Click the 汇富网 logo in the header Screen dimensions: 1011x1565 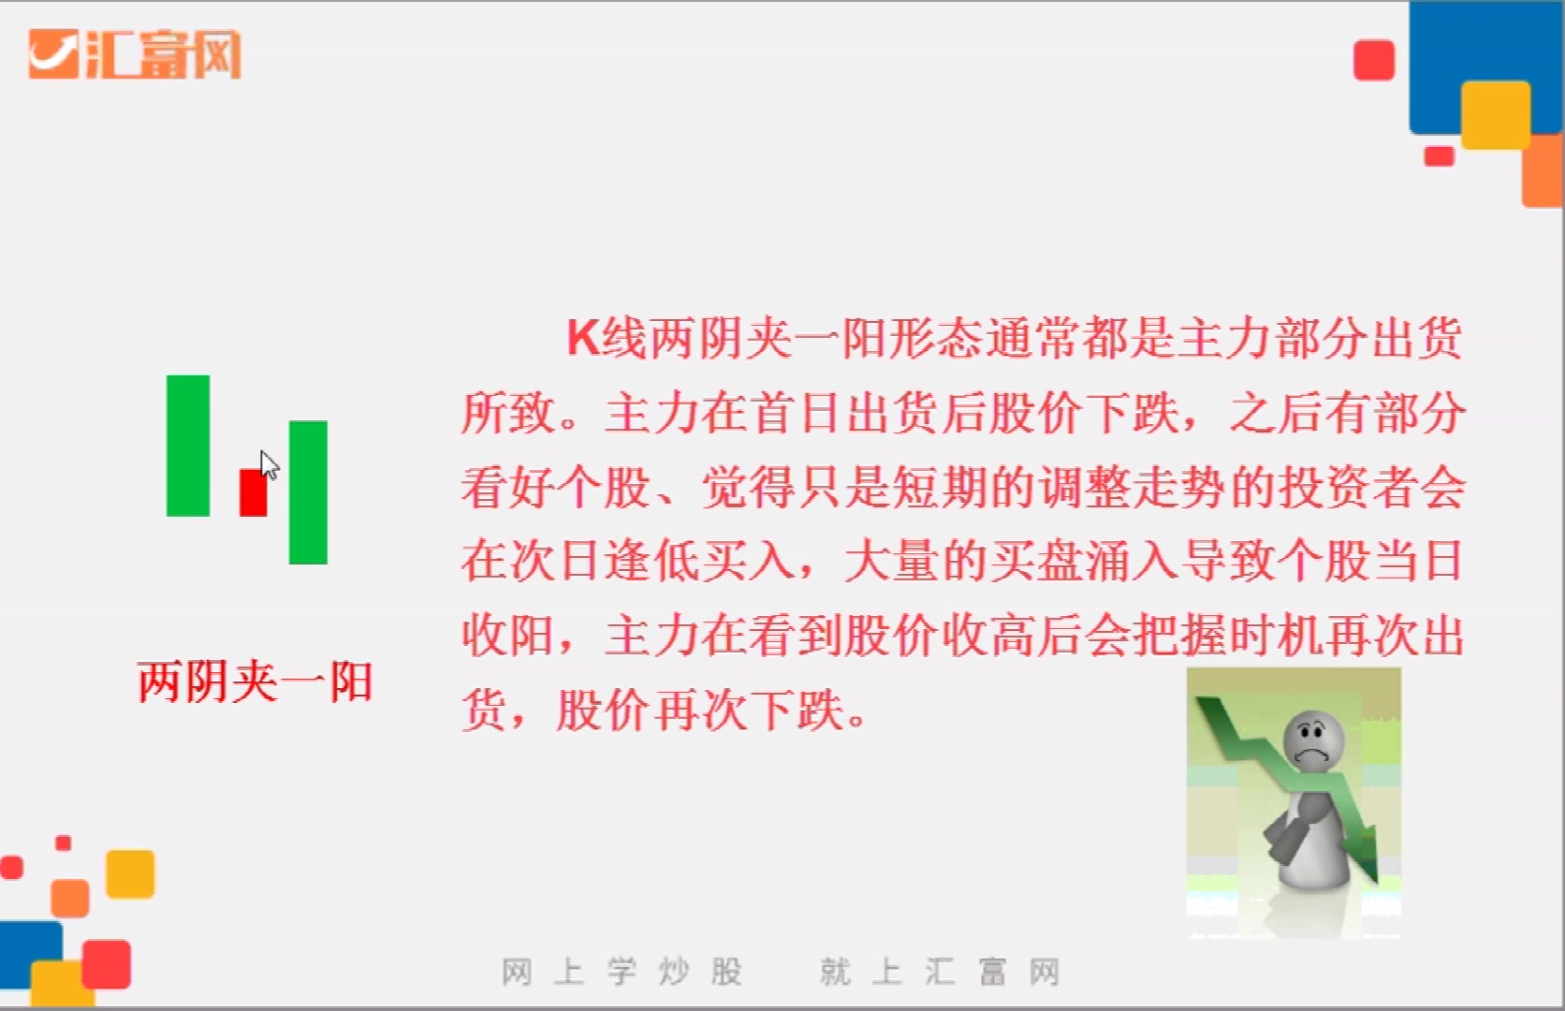click(x=136, y=54)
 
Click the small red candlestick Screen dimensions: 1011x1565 click(x=253, y=492)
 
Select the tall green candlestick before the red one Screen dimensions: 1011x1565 click(x=188, y=446)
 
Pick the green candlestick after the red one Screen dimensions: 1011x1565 click(x=308, y=492)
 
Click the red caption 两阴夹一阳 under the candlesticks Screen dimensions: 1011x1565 click(x=255, y=681)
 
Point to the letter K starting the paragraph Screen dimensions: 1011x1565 click(x=582, y=338)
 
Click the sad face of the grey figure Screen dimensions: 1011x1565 click(x=1314, y=740)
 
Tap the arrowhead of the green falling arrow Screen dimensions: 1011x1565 click(x=1368, y=861)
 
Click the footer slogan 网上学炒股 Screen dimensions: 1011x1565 click(x=622, y=972)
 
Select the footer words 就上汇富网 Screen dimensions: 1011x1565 click(x=940, y=972)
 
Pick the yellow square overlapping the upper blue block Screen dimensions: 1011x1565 click(x=1495, y=114)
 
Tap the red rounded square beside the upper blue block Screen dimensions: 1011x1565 click(x=1374, y=60)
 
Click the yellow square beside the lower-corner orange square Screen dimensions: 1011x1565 click(x=130, y=873)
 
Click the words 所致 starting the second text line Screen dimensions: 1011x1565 click(x=509, y=413)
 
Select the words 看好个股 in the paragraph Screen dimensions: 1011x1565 click(x=556, y=488)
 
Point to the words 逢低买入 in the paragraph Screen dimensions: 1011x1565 click(x=700, y=562)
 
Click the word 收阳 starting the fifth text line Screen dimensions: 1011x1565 click(x=509, y=637)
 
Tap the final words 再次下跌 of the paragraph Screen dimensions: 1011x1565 click(x=749, y=711)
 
